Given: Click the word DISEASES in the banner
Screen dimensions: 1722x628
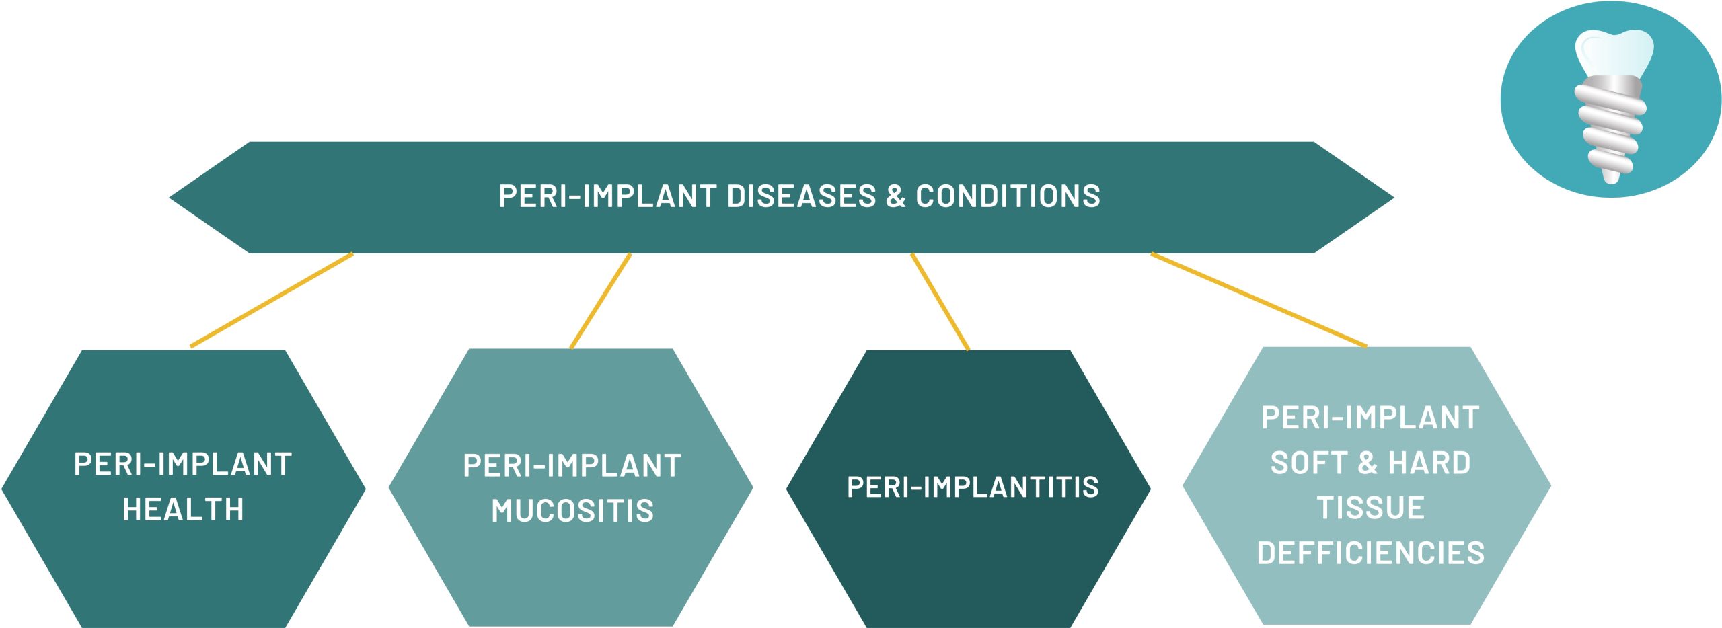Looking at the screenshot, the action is coord(802,196).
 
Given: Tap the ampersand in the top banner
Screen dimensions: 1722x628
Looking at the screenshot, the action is coord(896,196).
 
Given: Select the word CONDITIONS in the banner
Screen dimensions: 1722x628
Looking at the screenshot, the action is coord(1008,196).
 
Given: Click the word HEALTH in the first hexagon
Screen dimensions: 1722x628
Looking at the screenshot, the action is coord(183,509).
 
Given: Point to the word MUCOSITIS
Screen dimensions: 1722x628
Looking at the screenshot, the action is coord(572,510).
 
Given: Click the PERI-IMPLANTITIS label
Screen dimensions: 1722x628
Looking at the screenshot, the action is coord(973,487).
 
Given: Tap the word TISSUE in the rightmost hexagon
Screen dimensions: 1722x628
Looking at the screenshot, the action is coord(1370,508).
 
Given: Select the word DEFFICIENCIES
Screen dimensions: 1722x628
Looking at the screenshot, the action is coord(1370,553).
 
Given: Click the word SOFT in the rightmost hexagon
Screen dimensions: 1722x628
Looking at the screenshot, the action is coord(1308,463).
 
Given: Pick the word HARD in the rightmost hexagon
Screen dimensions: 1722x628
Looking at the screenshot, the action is coord(1429,463).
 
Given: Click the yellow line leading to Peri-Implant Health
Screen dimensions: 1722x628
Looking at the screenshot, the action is coord(272,300).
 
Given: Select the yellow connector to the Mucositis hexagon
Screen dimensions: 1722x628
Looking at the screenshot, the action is coord(601,301).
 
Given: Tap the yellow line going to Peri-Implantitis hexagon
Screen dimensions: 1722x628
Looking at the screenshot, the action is coord(940,301).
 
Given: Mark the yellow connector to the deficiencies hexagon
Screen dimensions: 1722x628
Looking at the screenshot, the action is coord(1259,300).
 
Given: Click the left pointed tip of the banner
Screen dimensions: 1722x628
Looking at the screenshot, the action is coord(170,198).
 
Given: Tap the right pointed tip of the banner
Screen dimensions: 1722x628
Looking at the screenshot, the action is coord(1394,198).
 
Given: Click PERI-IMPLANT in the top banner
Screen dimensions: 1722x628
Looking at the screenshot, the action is coord(607,196).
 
